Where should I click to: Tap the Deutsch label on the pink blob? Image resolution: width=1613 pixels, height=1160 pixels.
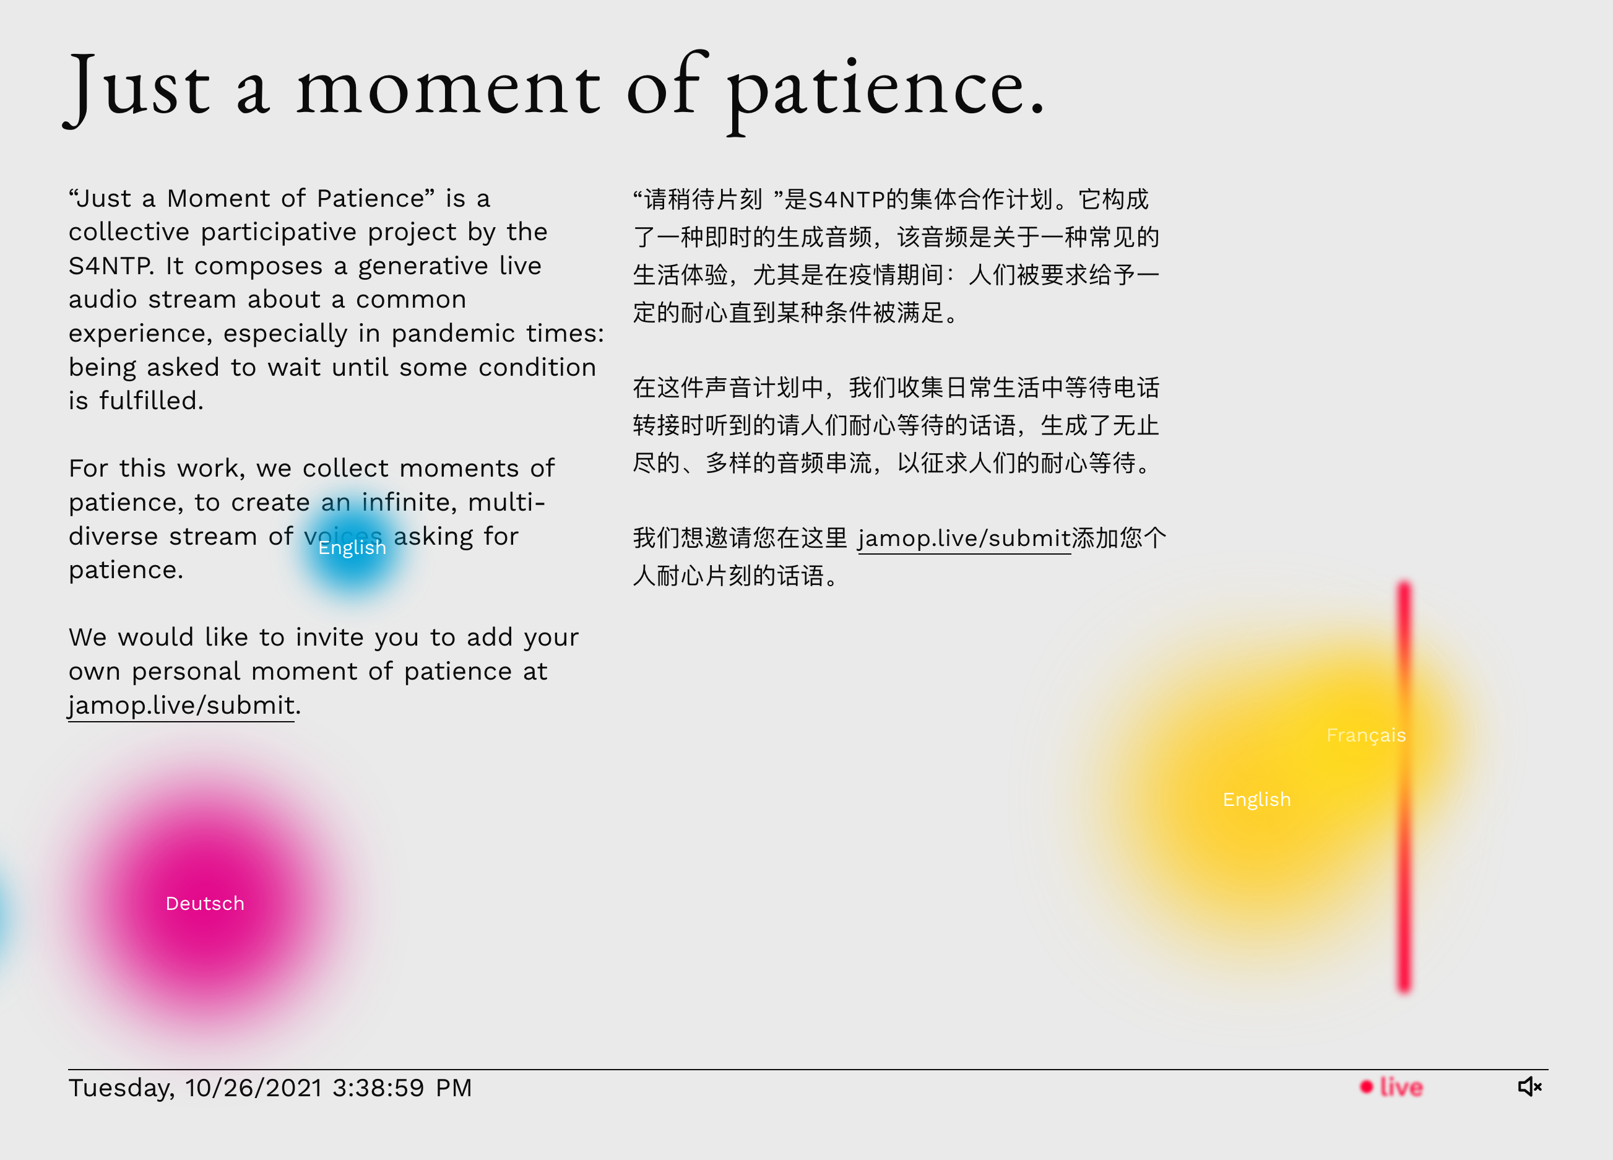click(205, 903)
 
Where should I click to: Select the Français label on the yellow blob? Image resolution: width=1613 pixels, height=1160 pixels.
click(1366, 735)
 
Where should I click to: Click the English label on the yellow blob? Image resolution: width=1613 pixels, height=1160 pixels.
click(1256, 799)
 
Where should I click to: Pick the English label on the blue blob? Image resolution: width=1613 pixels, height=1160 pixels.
click(352, 548)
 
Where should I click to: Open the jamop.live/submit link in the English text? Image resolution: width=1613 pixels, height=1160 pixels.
click(181, 705)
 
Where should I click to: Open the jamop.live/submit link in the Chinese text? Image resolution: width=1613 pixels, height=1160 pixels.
click(964, 539)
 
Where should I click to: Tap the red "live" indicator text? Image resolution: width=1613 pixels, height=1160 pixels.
click(1401, 1087)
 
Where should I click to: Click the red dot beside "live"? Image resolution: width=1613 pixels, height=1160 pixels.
click(1366, 1087)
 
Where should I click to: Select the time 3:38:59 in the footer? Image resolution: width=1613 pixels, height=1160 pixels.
click(378, 1088)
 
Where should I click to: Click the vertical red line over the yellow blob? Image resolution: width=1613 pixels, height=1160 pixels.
click(1404, 787)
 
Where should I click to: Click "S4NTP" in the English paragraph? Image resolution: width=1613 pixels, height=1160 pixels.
click(111, 266)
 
